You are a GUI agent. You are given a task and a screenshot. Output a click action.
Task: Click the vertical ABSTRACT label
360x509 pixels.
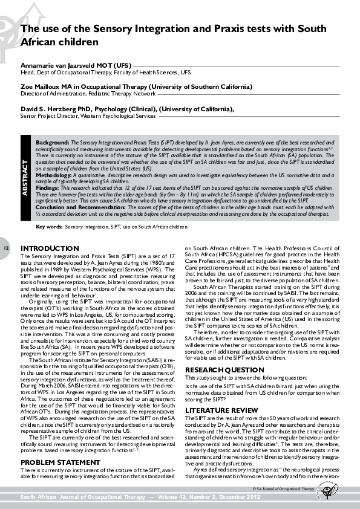click(25, 177)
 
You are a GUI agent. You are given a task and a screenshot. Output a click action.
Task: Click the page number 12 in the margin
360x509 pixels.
click(6, 248)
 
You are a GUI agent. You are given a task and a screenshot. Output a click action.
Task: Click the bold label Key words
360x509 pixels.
click(49, 226)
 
